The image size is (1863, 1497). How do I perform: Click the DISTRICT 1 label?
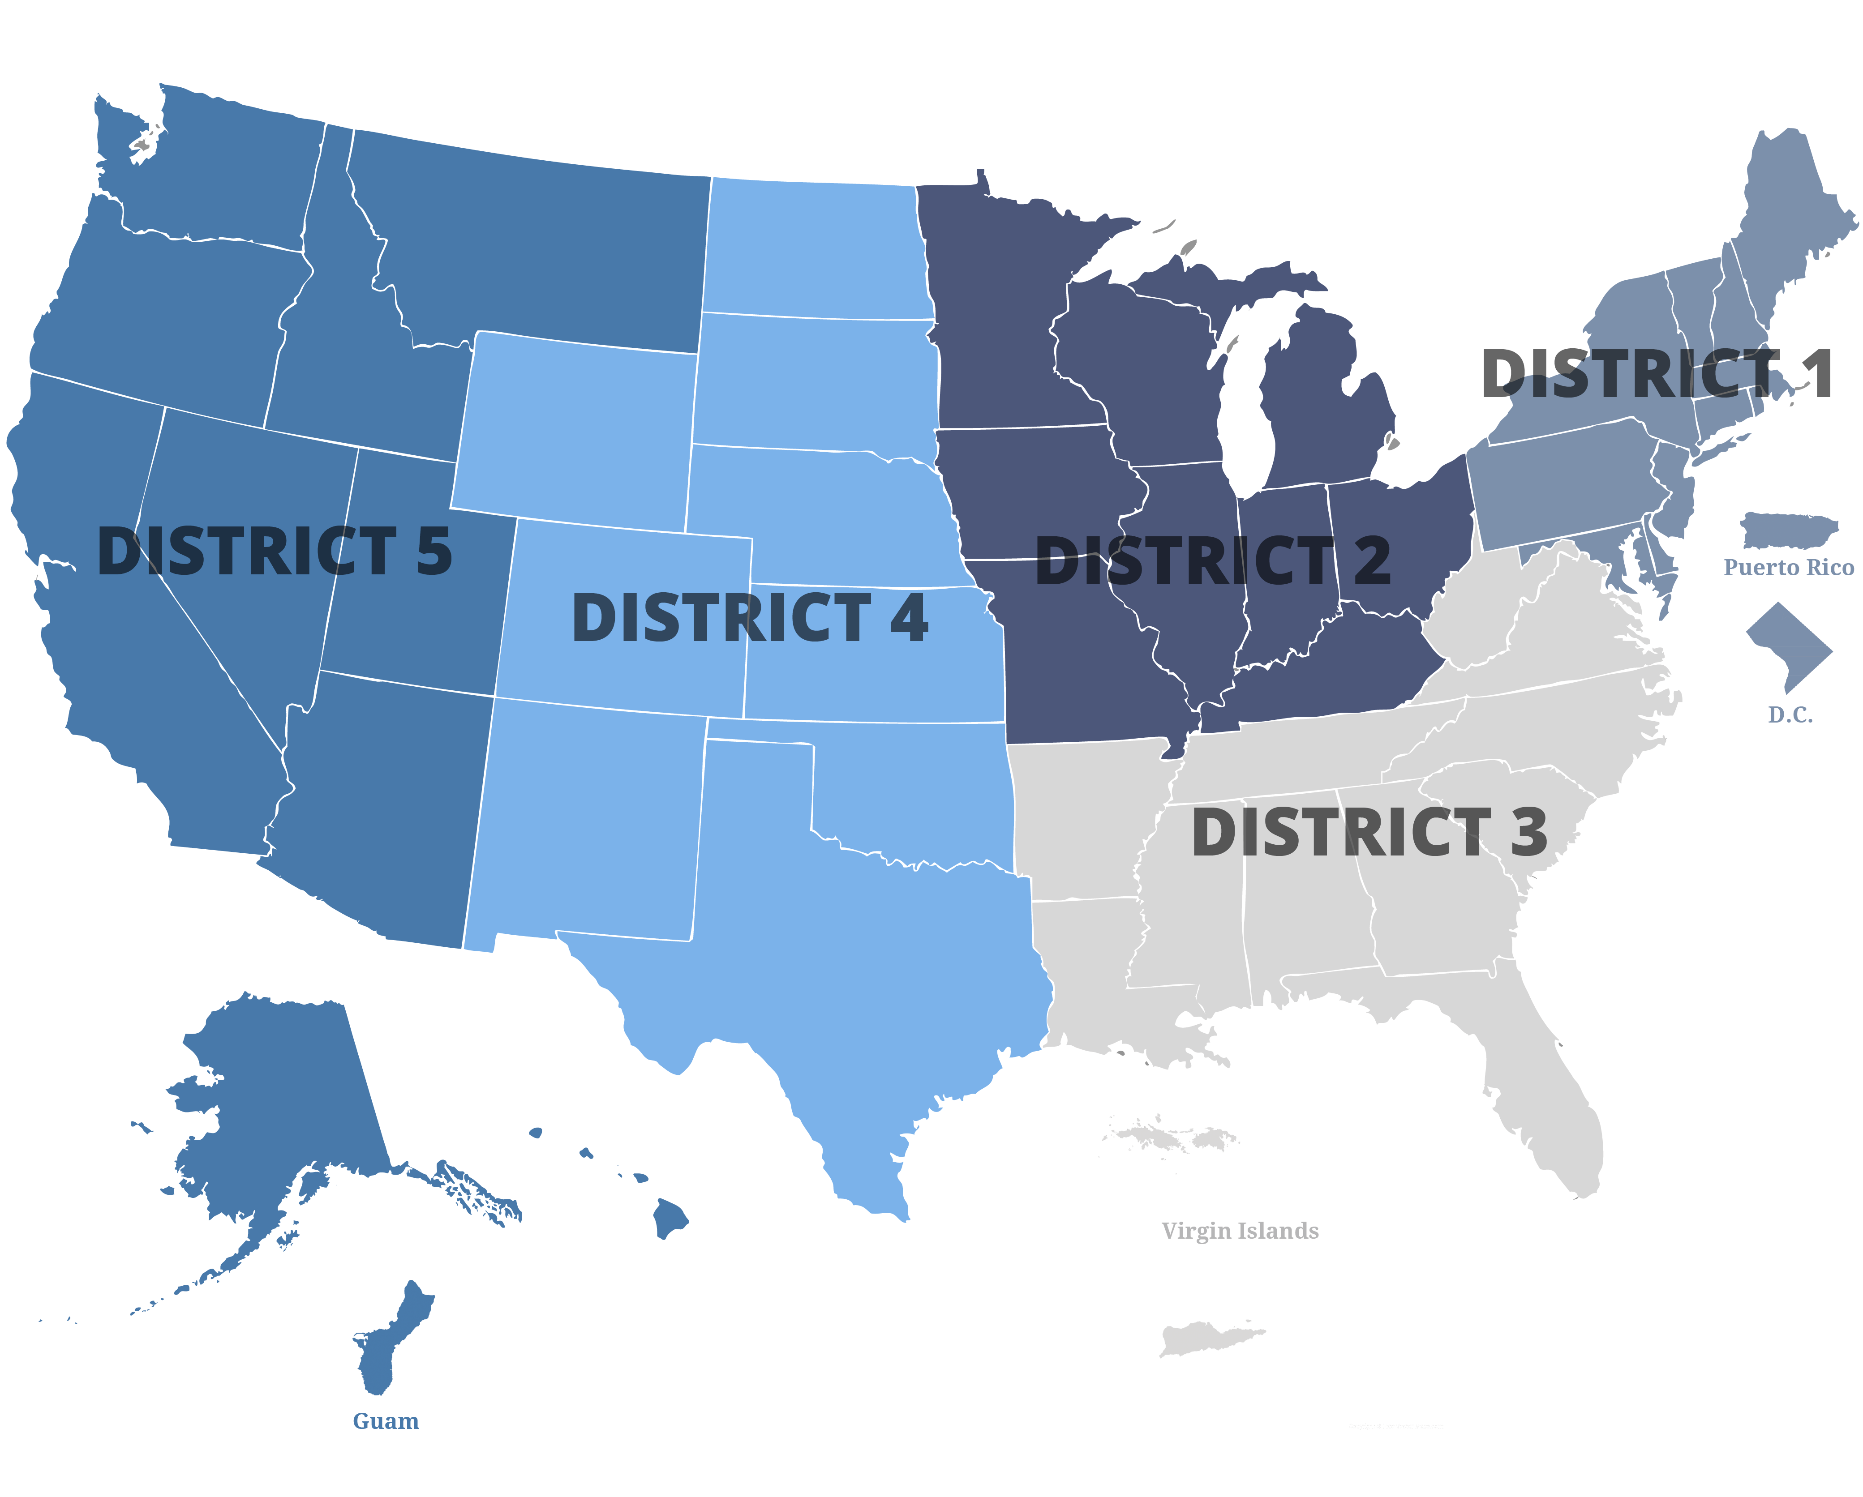[x=1657, y=374]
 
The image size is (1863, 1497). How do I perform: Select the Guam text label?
[x=386, y=1421]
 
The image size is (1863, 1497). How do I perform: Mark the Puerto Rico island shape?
[x=1787, y=530]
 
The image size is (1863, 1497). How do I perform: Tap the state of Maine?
[x=1789, y=216]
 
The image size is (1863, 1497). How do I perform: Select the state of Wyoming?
[x=575, y=432]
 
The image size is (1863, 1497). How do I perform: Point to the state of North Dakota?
[x=812, y=251]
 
